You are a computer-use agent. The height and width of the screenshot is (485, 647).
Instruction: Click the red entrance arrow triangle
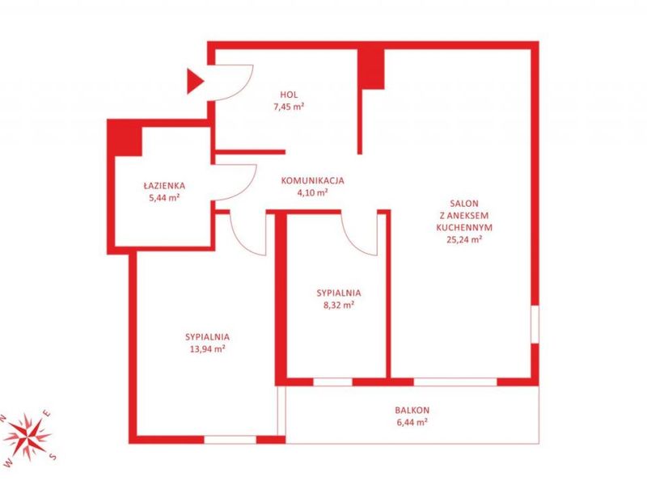tap(195, 82)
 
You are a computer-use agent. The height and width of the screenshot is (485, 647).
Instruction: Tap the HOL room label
tap(289, 95)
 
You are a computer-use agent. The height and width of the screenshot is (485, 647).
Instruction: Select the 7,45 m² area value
tap(289, 107)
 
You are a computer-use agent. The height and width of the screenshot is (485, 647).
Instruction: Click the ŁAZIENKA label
tap(164, 186)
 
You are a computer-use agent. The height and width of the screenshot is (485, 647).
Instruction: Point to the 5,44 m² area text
tap(164, 197)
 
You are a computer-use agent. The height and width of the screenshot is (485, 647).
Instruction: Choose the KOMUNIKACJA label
tap(312, 180)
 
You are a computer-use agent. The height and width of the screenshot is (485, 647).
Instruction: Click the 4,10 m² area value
tap(312, 192)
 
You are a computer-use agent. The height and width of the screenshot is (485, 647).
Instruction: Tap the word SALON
tap(464, 204)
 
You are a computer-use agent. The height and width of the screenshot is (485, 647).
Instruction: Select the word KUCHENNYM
tap(464, 227)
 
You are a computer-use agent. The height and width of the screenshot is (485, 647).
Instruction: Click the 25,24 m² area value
tap(464, 239)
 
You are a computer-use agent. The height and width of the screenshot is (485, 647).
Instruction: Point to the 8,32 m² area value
tap(339, 306)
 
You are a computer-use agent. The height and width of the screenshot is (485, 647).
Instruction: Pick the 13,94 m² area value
tap(207, 349)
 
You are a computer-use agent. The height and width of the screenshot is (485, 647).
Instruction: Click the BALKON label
tap(412, 411)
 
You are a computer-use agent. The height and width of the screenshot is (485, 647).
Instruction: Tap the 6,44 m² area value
tap(412, 422)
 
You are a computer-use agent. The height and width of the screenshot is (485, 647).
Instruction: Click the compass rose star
tap(27, 436)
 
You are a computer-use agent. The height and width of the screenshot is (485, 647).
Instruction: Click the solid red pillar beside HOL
tap(371, 69)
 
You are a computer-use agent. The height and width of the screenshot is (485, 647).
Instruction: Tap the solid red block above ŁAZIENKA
tap(125, 137)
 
